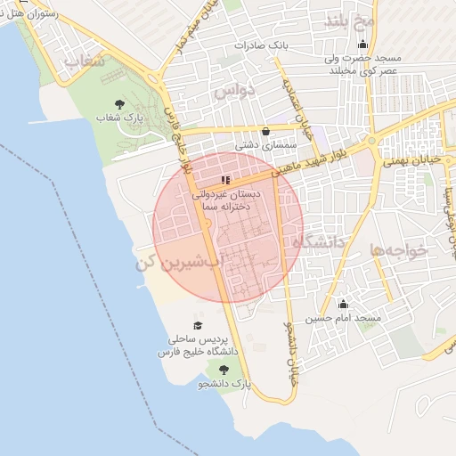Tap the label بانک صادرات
pyautogui.click(x=257, y=45)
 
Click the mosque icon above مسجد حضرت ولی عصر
pyautogui.click(x=362, y=45)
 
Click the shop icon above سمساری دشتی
pyautogui.click(x=265, y=131)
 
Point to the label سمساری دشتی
pyautogui.click(x=259, y=143)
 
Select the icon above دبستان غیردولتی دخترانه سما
pyautogui.click(x=225, y=180)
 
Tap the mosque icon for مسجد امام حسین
pyautogui.click(x=343, y=305)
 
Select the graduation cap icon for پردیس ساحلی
pyautogui.click(x=198, y=326)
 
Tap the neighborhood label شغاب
pyautogui.click(x=85, y=61)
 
